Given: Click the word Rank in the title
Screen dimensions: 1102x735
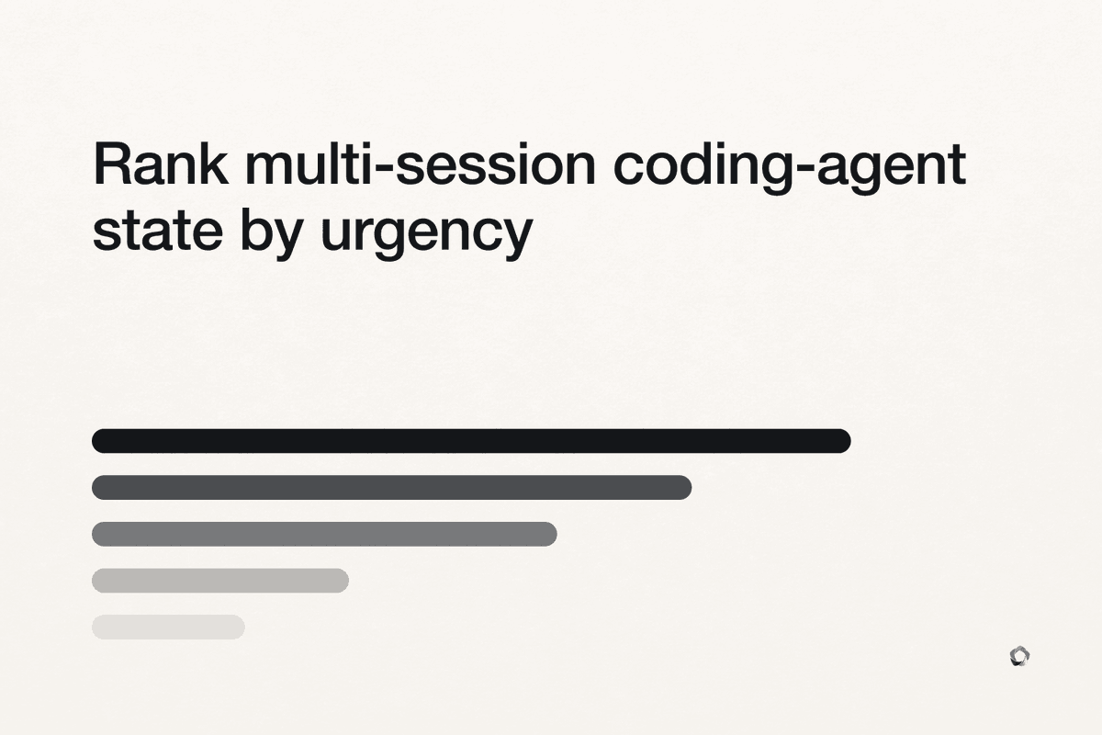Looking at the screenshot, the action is coord(161,164).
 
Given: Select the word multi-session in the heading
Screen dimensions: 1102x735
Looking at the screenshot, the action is coord(421,164).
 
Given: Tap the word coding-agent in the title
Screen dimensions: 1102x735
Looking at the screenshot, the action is coord(790,167).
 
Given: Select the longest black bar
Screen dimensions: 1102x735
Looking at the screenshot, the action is coord(471,441).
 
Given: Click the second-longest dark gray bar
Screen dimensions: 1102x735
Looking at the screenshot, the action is coord(391,487).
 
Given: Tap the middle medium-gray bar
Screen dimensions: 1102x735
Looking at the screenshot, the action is coord(324,534).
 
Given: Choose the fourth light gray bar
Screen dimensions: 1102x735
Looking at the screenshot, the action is coord(220,581).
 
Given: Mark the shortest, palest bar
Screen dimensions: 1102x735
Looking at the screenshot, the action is coord(168,628).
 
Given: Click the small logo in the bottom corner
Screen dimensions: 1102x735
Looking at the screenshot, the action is coord(1020,656).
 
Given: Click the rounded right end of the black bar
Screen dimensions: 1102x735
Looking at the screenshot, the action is coord(845,441).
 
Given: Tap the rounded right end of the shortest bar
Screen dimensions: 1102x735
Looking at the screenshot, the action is coord(239,628).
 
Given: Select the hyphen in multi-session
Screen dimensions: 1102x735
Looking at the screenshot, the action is coord(385,168).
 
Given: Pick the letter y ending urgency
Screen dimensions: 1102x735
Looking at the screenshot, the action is coord(519,238).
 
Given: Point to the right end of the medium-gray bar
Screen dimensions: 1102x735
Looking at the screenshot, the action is coord(551,534).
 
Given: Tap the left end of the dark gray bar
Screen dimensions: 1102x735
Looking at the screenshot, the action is coord(98,487).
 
